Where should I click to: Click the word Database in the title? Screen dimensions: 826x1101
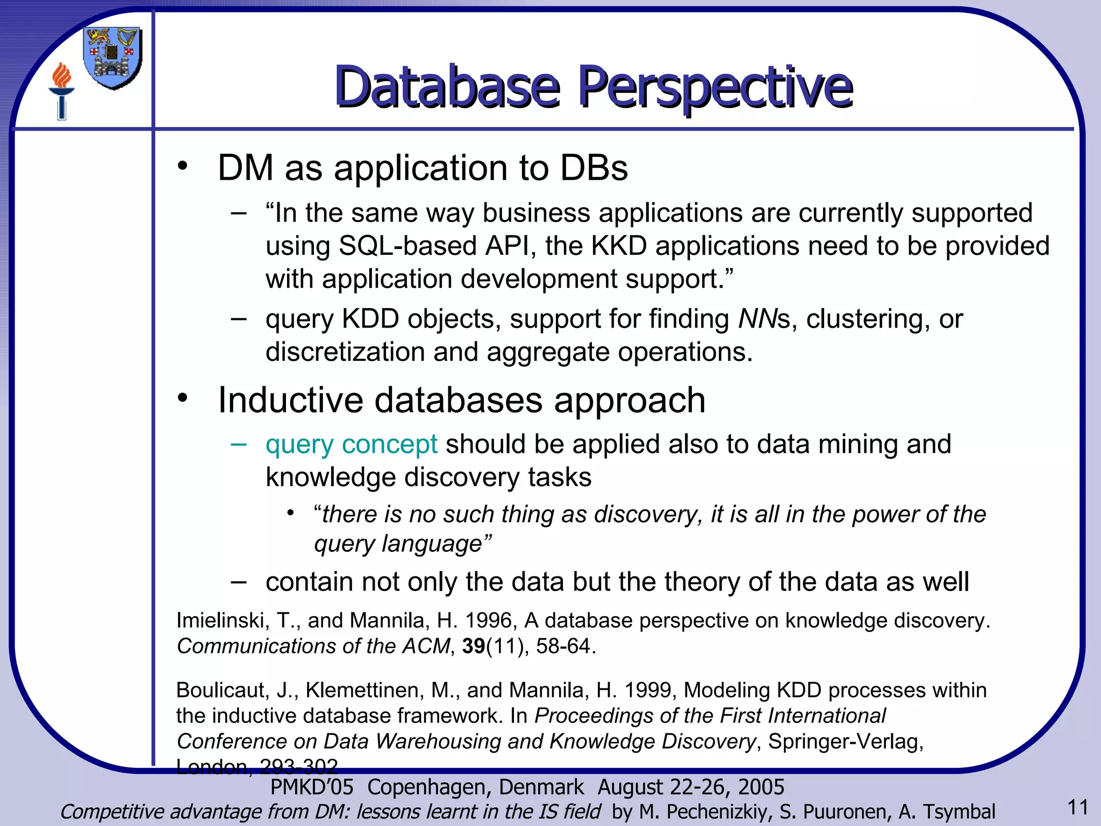447,87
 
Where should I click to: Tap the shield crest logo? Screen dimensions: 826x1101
113,58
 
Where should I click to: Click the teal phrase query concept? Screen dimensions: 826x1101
352,445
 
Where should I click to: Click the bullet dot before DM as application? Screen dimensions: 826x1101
183,166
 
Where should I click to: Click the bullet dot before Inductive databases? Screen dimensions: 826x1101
183,398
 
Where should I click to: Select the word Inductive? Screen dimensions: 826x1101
290,401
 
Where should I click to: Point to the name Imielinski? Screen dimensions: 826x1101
220,621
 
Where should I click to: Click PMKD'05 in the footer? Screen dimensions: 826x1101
312,787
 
